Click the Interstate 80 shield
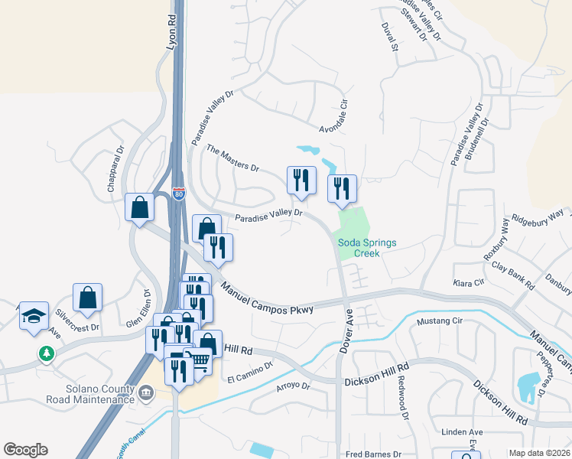[x=178, y=194]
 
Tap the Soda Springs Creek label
[x=368, y=248]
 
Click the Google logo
[x=25, y=450]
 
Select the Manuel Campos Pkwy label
[x=268, y=298]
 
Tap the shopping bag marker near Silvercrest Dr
[x=88, y=298]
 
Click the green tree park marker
[x=47, y=353]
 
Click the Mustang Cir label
[x=437, y=321]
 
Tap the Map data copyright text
[x=539, y=453]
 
